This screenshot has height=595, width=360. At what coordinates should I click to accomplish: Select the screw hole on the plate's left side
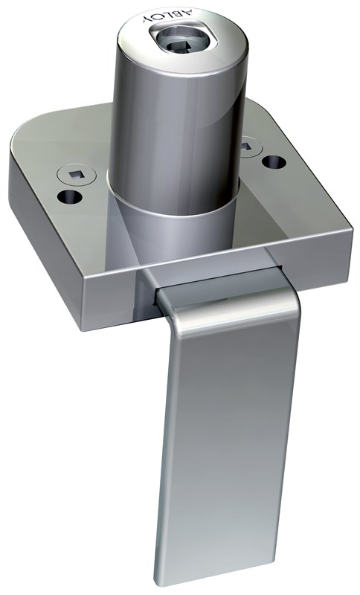tap(69, 197)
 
